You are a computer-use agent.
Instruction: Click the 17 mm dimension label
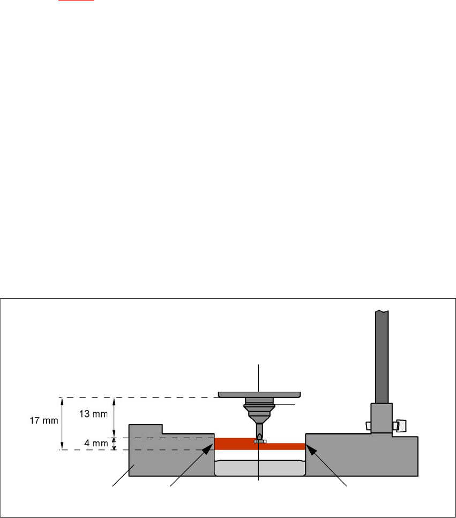(x=42, y=421)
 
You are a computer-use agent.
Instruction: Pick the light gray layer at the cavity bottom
(x=259, y=468)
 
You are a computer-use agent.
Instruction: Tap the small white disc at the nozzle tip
(x=260, y=441)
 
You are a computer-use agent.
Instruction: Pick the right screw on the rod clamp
(x=399, y=425)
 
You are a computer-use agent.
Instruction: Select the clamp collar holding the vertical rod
(x=381, y=418)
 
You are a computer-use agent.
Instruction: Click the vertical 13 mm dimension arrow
(x=114, y=417)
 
